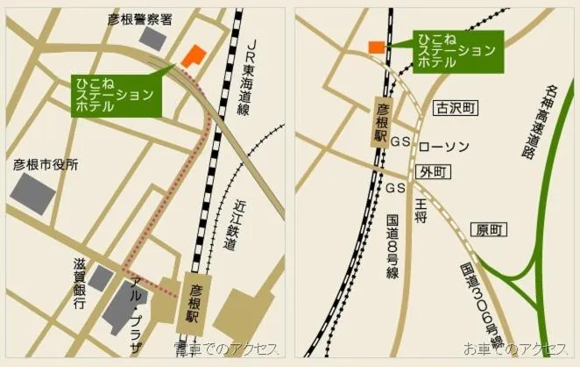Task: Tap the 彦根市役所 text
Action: tap(46, 164)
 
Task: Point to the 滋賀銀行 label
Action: tap(80, 283)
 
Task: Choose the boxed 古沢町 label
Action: tap(456, 108)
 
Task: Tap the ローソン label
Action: tap(445, 145)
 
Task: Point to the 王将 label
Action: tap(421, 210)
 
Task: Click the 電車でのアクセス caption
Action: tap(226, 349)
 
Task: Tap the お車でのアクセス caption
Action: tap(516, 349)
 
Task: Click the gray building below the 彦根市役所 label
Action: tap(34, 192)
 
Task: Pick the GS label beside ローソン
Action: tap(400, 141)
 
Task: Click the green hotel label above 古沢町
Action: tap(455, 50)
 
